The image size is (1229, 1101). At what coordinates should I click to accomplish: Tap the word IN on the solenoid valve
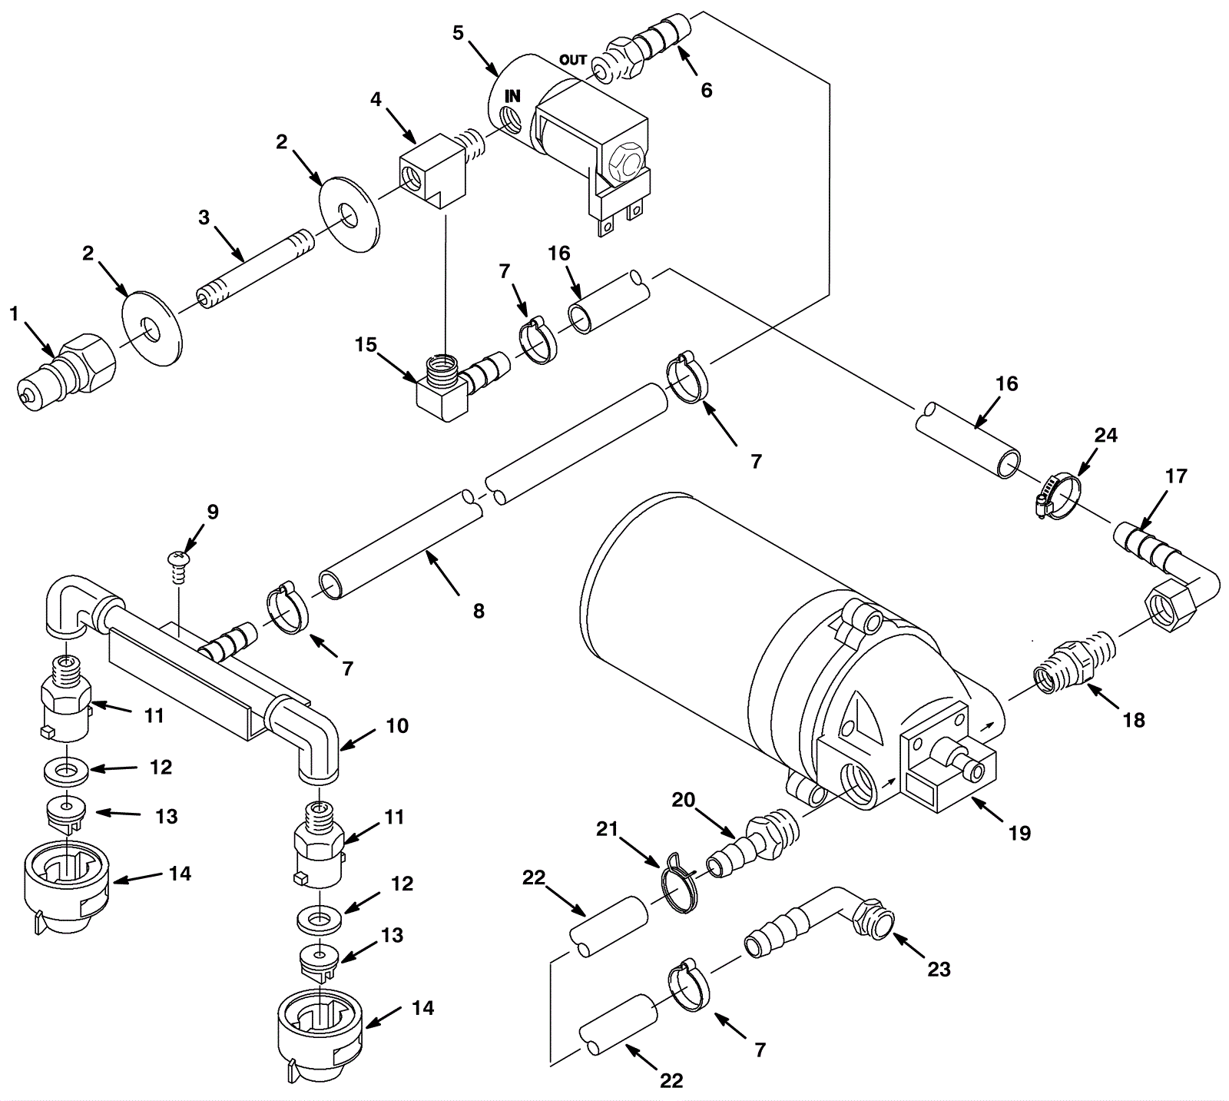click(512, 96)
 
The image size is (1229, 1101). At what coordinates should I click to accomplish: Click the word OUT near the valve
click(573, 60)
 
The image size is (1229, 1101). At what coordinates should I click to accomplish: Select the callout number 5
click(459, 32)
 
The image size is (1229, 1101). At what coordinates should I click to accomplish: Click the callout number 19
click(1019, 833)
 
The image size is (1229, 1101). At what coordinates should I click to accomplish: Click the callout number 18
click(1134, 720)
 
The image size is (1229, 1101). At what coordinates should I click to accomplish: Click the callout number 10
click(397, 725)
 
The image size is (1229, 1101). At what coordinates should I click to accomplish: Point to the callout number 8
click(479, 611)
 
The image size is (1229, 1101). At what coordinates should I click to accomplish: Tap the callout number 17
click(1175, 476)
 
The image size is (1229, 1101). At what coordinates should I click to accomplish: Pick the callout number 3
click(204, 217)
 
